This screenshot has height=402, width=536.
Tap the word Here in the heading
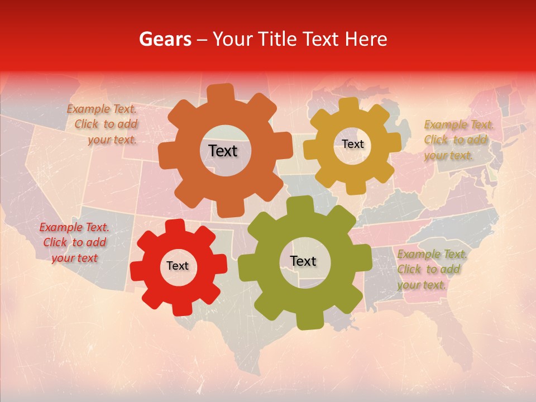coord(366,39)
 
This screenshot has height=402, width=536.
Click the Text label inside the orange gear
coord(223,151)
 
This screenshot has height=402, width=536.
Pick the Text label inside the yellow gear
coord(352,144)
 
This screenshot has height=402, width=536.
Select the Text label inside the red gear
coord(178,266)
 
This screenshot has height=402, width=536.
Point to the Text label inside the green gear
coord(303,261)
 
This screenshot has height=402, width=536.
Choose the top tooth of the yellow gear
coord(349,106)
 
